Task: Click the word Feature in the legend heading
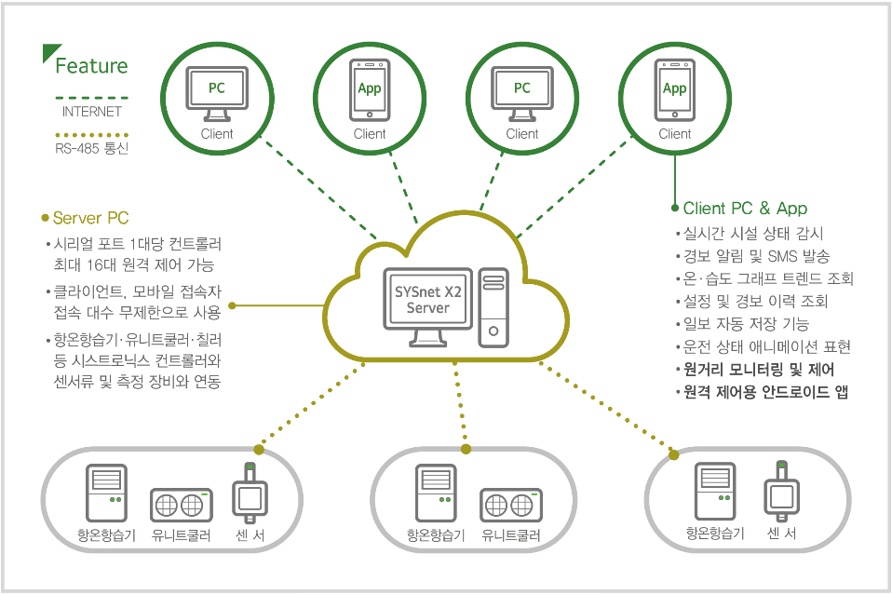[x=91, y=66]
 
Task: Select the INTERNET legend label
[x=91, y=112]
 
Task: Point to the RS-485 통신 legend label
[x=91, y=147]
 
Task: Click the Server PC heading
[x=90, y=219]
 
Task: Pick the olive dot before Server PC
[x=45, y=219]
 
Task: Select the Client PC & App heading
[x=745, y=209]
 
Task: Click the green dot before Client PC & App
[x=675, y=209]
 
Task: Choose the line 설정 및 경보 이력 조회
[x=755, y=301]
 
